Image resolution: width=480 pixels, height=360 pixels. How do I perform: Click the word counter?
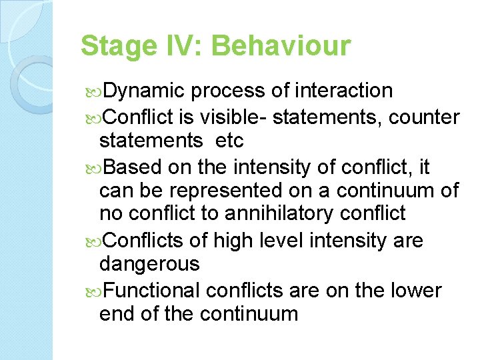coord(424,118)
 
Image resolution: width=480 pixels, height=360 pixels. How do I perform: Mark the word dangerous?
coord(149,264)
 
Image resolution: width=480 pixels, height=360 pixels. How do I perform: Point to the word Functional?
coord(152,291)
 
